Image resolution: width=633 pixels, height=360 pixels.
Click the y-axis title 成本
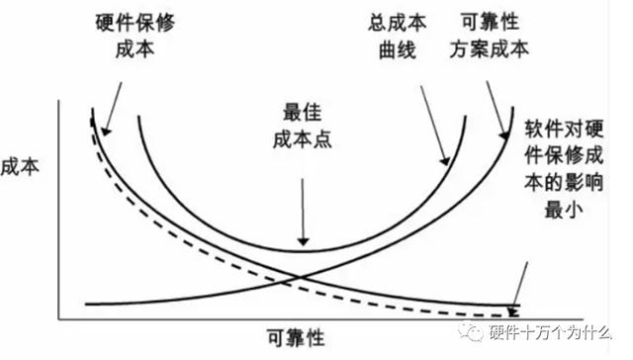23,167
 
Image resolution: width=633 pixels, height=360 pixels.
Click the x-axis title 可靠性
295,337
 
